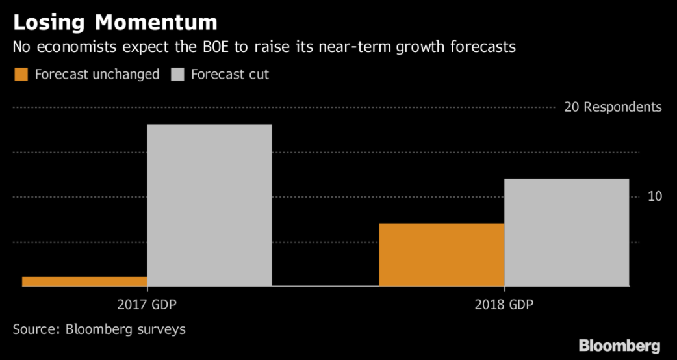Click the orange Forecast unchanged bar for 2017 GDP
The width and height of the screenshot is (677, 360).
click(84, 281)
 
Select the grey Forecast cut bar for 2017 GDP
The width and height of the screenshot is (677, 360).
click(209, 205)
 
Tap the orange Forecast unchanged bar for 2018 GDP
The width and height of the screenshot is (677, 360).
click(441, 254)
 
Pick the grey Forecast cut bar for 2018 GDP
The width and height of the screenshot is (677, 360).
click(567, 232)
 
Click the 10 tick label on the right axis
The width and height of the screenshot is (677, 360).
click(654, 196)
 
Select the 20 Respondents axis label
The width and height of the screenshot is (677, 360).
click(613, 107)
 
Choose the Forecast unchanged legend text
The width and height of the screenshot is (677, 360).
click(97, 74)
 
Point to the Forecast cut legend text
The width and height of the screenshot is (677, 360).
click(230, 74)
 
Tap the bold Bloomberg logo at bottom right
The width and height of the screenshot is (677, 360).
click(619, 346)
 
